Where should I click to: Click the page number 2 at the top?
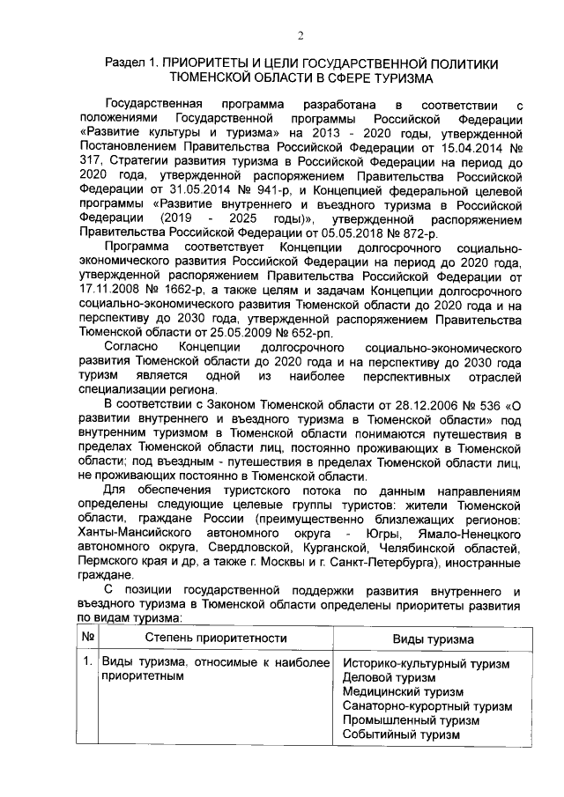[x=300, y=35]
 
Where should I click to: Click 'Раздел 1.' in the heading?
[x=132, y=63]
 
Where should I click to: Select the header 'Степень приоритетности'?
[x=204, y=638]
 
